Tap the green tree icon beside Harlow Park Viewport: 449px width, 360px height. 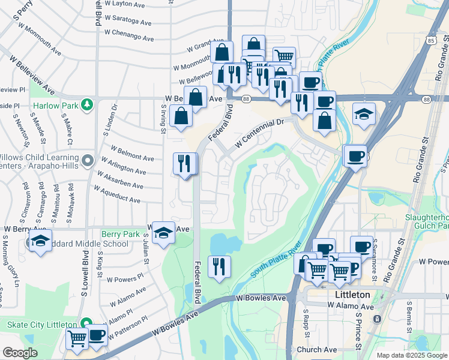[87, 104]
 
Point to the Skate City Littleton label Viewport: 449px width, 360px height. [40, 324]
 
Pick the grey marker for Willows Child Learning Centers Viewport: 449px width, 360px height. [88, 160]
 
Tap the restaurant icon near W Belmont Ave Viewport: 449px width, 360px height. [184, 163]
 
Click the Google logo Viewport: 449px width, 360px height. [20, 353]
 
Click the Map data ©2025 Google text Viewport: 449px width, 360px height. [412, 355]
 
